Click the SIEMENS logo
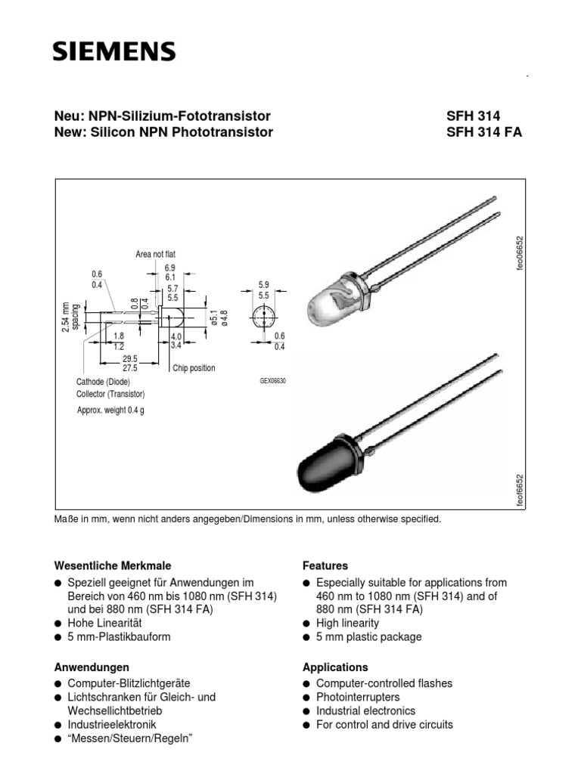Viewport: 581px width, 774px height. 113,51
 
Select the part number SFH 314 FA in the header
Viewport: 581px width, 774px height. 485,133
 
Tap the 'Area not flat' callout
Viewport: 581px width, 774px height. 156,255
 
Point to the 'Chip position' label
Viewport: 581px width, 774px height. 194,368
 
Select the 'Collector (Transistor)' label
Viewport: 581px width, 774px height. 110,395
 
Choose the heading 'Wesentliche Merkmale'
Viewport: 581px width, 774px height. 113,565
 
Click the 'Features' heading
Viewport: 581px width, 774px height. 325,565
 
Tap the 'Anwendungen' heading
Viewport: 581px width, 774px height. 92,667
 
